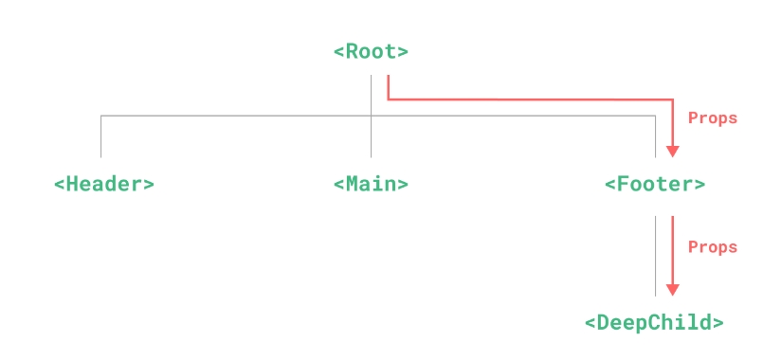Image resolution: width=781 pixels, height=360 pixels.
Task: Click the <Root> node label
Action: (371, 51)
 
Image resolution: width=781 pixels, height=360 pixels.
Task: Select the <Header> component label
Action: (103, 184)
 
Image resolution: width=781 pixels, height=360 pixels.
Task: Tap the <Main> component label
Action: (371, 184)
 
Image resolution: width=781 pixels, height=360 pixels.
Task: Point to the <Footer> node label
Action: (654, 184)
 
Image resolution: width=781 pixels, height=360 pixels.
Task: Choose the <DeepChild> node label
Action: (654, 322)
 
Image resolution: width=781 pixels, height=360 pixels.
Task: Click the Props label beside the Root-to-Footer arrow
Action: (712, 118)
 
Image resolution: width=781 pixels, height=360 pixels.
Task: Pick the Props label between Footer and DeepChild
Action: (712, 247)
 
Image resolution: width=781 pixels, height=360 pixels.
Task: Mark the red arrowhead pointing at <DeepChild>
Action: (673, 290)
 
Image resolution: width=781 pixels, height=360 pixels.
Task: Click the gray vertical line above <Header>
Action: (100, 136)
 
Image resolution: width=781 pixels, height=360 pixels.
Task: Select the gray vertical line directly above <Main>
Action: (371, 137)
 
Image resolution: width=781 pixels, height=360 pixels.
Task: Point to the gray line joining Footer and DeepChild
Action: (655, 256)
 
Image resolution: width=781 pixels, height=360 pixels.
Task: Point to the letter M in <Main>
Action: (352, 184)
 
